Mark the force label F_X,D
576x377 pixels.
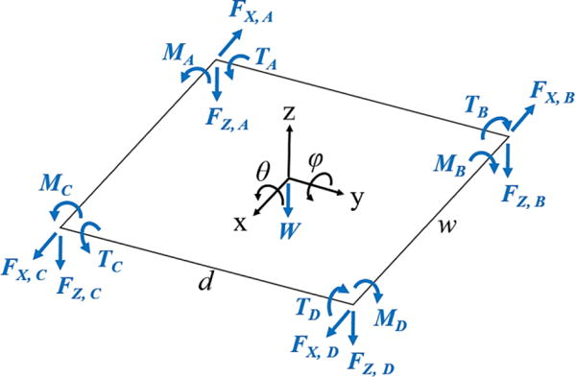click(314, 344)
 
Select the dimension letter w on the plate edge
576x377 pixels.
click(444, 227)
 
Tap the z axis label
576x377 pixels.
click(287, 113)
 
